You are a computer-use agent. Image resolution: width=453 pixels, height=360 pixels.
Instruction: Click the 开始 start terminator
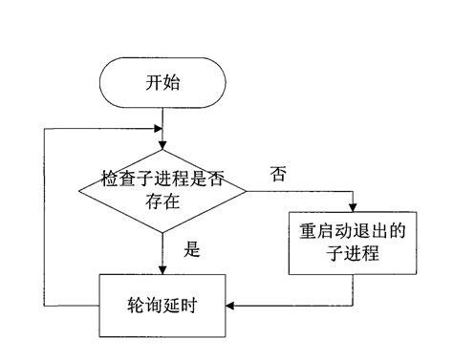pos(162,82)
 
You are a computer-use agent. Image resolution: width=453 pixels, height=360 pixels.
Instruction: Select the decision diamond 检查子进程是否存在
pos(163,190)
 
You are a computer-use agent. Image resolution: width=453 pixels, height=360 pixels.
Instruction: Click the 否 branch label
pos(278,175)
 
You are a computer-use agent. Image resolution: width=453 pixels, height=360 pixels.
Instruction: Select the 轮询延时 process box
pos(162,306)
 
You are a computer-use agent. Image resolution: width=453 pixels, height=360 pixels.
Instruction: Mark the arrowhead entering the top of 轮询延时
pos(163,271)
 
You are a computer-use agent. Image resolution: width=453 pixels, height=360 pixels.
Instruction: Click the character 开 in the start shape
pos(153,82)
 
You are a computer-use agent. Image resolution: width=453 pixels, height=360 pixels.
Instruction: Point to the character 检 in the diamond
pos(109,180)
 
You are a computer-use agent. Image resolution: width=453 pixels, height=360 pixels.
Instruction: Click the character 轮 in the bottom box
pos(136,306)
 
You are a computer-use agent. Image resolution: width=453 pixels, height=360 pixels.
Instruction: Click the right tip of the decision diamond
pos(248,190)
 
